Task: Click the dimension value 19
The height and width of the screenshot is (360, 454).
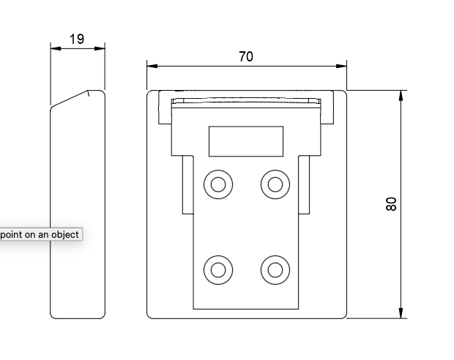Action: (78, 39)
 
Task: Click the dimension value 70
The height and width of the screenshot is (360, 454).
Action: (246, 56)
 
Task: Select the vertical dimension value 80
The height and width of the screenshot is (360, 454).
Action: (391, 204)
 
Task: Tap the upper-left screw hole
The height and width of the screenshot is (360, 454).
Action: (217, 184)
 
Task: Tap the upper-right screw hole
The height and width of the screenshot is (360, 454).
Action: (275, 184)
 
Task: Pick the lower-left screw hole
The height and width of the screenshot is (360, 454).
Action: (217, 270)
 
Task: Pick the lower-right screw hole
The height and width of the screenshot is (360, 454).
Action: (275, 270)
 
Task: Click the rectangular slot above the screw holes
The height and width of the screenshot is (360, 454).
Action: (246, 141)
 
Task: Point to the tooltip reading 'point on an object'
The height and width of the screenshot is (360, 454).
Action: (40, 235)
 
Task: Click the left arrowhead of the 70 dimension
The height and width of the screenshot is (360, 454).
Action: (152, 66)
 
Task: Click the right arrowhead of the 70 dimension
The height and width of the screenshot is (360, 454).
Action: (341, 66)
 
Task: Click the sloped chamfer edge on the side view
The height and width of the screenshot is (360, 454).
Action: (70, 99)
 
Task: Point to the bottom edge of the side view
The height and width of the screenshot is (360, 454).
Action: (78, 318)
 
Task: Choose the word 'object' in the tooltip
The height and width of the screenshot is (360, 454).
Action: (64, 235)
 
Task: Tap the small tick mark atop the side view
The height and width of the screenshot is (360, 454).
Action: (89, 93)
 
